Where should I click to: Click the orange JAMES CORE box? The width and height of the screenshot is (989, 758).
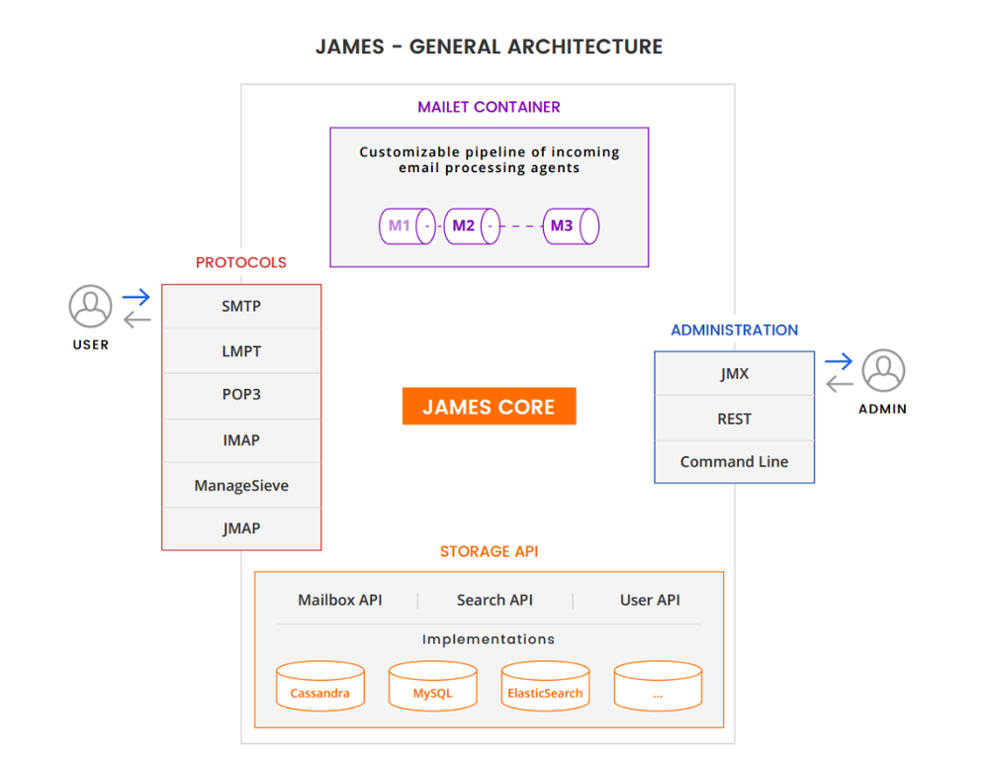coord(489,406)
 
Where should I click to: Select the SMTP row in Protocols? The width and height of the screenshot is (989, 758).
coord(241,307)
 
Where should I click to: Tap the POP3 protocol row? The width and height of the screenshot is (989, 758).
coord(241,395)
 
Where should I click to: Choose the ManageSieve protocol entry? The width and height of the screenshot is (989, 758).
coord(241,485)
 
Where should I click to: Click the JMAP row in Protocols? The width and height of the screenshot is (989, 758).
coord(241,528)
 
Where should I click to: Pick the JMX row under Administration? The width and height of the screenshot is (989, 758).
coord(734,374)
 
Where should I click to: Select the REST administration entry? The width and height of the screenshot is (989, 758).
coord(734,419)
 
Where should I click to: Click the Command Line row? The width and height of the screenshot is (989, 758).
coord(734,462)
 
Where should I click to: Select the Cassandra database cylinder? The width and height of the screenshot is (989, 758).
coord(319,686)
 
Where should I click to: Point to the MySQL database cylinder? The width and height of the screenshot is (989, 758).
coord(432,686)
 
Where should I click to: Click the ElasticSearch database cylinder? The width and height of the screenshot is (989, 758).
coord(545,686)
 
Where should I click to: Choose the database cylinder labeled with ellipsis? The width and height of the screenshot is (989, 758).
coord(658,686)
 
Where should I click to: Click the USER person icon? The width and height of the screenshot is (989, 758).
coord(90,307)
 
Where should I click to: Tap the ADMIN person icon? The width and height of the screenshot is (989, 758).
coord(882,371)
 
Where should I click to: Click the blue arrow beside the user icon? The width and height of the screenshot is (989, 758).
coord(136,297)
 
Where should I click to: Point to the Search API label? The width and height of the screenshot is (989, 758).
coord(494,600)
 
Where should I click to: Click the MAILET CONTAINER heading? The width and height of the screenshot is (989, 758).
coord(489,107)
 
